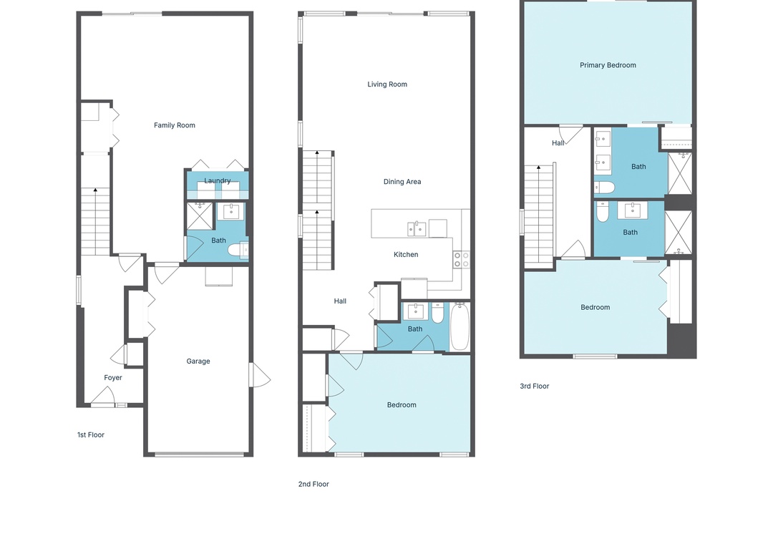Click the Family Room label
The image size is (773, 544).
[x=175, y=125]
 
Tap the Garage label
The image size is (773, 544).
[x=198, y=361]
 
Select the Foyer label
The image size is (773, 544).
[x=113, y=378]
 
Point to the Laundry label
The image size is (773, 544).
[x=218, y=180]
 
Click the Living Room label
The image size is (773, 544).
[x=387, y=84]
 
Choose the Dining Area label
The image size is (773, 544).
[x=402, y=182]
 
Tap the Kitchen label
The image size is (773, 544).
[x=406, y=255]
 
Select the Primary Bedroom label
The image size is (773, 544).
[x=608, y=65]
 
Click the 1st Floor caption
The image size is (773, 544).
[x=91, y=435]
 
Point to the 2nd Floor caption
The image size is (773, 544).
[x=313, y=485]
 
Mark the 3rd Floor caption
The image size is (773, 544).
[x=535, y=387]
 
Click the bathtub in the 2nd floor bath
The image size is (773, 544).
[x=460, y=326]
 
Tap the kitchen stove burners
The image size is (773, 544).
[x=462, y=260]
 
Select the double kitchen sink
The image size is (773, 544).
[x=417, y=229]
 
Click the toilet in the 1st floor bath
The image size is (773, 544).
[x=238, y=250]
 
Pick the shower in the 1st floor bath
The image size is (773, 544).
[x=200, y=216]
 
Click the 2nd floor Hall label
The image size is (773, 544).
[x=340, y=301]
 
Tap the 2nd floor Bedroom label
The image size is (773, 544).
[x=402, y=405]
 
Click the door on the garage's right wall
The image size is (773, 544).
[x=259, y=375]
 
